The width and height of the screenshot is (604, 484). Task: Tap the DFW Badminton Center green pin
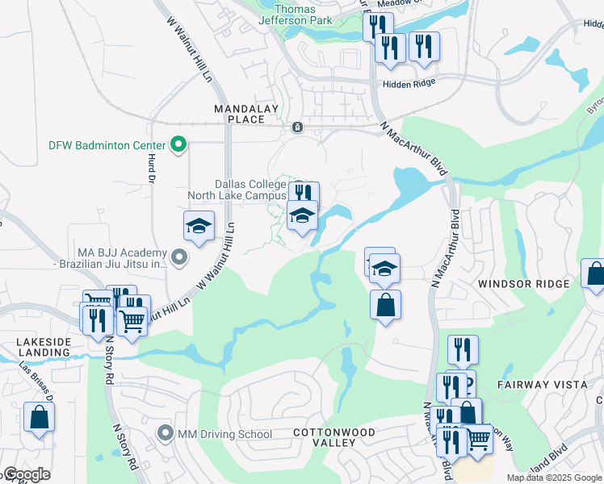(x=179, y=145)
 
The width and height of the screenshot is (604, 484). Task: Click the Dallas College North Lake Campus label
(x=237, y=190)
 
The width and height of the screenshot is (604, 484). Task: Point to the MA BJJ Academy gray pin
(x=179, y=257)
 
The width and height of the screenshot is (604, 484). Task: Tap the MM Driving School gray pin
(x=166, y=434)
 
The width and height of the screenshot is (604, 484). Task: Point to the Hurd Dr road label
(x=150, y=169)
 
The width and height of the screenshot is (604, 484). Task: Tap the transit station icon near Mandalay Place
(x=297, y=127)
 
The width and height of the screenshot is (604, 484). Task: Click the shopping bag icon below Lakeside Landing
(x=38, y=418)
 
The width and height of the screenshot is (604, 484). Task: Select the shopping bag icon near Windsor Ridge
(x=595, y=273)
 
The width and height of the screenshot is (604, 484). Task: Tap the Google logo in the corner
(x=26, y=475)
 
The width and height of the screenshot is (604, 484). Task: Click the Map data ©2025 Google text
(x=555, y=478)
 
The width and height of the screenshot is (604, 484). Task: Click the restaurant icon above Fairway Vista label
(x=462, y=349)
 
